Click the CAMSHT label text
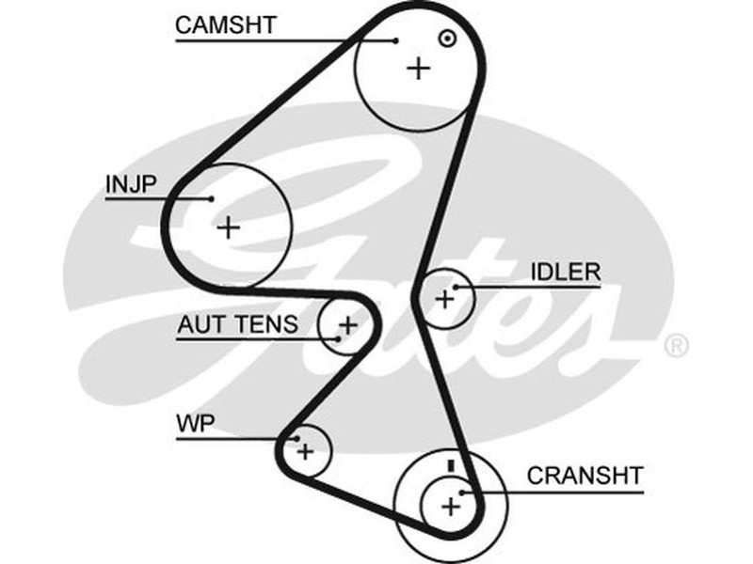click(226, 24)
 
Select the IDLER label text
click(565, 273)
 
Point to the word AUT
click(200, 325)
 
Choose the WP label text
click(196, 424)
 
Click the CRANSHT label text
click(585, 475)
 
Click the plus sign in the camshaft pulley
click(418, 68)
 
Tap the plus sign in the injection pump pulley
click(229, 227)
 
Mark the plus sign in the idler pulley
click(444, 299)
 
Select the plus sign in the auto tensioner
click(347, 326)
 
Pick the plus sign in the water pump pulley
click(305, 451)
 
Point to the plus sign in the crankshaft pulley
click(451, 508)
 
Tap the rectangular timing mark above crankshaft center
click(451, 465)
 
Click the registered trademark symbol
click(676, 345)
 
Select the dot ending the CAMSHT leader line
click(396, 40)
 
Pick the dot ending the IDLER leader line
click(457, 287)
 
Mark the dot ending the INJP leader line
click(213, 198)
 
